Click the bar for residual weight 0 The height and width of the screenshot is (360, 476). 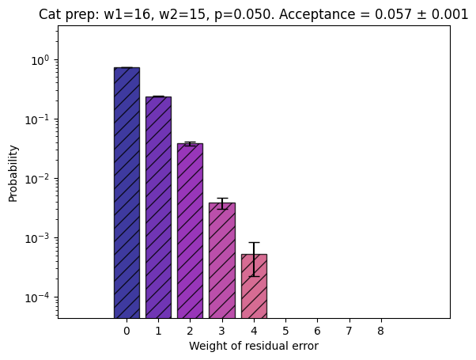pos(127,192)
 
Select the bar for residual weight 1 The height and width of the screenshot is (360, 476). pos(158,207)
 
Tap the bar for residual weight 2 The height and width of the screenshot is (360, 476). pos(190,230)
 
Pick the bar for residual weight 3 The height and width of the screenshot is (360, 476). pos(222,260)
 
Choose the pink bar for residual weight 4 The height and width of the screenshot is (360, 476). pos(254,286)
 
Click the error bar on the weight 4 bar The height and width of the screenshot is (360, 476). pos(254,260)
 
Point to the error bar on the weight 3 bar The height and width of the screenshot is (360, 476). pos(222,203)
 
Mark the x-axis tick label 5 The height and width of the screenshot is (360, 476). pos(285,331)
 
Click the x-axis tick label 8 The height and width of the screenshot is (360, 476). pos(380,331)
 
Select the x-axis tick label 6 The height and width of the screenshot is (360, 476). pos(317,331)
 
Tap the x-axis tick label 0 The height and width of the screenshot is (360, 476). pos(127,331)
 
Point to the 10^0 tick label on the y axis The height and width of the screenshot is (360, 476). pos(40,60)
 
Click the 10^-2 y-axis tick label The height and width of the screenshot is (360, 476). pos(37,179)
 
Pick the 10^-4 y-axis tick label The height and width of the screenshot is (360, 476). pos(37,297)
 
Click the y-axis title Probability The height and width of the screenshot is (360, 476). pos(13,173)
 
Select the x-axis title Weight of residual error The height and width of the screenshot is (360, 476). pos(254,346)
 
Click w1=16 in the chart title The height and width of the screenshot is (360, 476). pos(127,14)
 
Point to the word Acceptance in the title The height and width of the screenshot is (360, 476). pos(317,14)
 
